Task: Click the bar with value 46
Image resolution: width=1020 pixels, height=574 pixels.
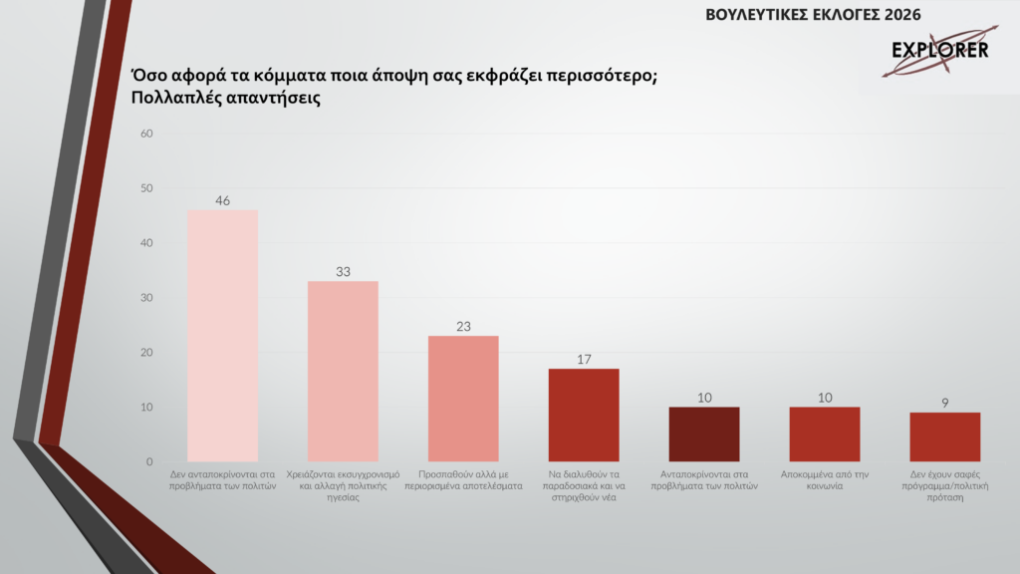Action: pyautogui.click(x=222, y=336)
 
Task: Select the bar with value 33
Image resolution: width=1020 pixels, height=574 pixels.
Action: pyautogui.click(x=343, y=372)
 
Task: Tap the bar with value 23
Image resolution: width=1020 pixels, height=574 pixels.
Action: pyautogui.click(x=463, y=399)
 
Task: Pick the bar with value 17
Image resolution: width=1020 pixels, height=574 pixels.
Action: pyautogui.click(x=584, y=416)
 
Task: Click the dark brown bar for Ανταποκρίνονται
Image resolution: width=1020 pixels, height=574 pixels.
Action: pyautogui.click(x=704, y=434)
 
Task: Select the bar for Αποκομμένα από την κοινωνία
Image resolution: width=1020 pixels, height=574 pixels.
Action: pyautogui.click(x=825, y=434)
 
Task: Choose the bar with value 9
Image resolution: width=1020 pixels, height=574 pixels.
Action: pyautogui.click(x=945, y=437)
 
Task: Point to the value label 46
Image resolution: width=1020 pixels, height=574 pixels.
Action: pyautogui.click(x=222, y=200)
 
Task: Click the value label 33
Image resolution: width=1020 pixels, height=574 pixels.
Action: pyautogui.click(x=343, y=272)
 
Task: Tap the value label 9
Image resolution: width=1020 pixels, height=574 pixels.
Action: pyautogui.click(x=945, y=404)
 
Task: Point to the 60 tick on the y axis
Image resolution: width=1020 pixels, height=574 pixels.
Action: pyautogui.click(x=145, y=134)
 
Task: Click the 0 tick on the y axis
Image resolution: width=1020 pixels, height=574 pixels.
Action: pyautogui.click(x=149, y=462)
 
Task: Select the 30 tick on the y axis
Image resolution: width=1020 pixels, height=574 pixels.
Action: pyautogui.click(x=145, y=298)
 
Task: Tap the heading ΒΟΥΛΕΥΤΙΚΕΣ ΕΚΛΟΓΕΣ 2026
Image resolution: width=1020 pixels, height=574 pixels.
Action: pyautogui.click(x=813, y=14)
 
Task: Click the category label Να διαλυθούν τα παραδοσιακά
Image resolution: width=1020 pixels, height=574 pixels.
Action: pyautogui.click(x=584, y=480)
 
